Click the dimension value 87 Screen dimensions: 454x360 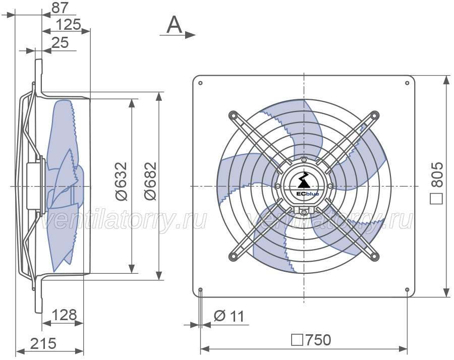tap(60, 8)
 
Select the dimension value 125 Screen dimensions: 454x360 tap(68, 24)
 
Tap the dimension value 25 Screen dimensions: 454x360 tap(60, 42)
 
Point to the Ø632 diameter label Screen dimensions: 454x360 tap(121, 181)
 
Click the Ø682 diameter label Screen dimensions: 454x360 tap(150, 181)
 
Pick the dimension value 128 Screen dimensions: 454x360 tap(65, 315)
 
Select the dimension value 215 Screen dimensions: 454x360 tap(43, 343)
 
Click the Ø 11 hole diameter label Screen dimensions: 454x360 tap(229, 316)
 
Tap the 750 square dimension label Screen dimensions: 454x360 tap(311, 340)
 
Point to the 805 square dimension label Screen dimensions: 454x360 tap(437, 183)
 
